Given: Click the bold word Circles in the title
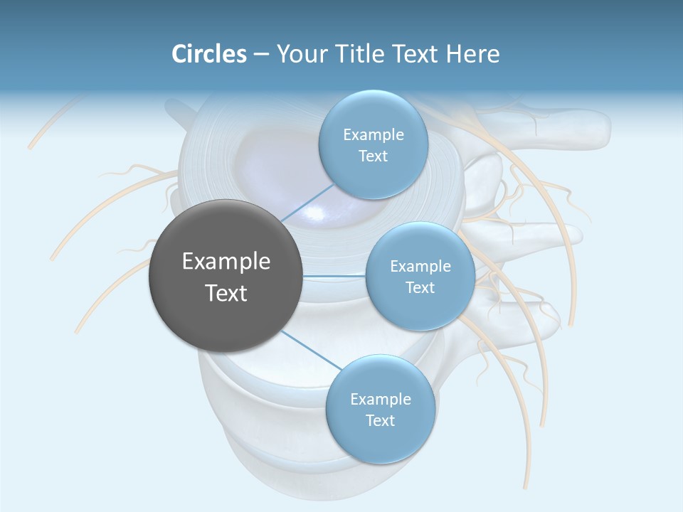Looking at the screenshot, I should point(208,54).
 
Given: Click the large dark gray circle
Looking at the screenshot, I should point(226,276).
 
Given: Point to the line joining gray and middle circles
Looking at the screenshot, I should point(334,275).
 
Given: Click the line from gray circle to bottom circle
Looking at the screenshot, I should point(311,350).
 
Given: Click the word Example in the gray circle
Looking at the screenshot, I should point(226,262).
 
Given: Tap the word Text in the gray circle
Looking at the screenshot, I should point(226,293).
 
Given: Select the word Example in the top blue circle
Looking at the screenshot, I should point(373,135).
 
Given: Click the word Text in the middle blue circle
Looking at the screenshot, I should point(420,287).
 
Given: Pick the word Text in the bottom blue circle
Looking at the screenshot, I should point(380,420).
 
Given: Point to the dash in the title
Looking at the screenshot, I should point(260,55).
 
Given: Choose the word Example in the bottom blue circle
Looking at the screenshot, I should point(380,399).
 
